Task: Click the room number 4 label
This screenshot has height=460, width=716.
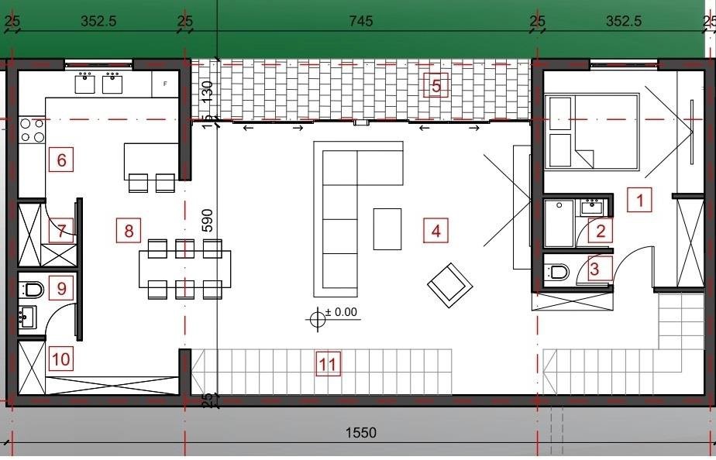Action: pyautogui.click(x=435, y=231)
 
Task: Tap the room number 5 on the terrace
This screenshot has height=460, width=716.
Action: pyautogui.click(x=435, y=85)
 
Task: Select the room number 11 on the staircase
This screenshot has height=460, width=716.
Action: pyautogui.click(x=328, y=364)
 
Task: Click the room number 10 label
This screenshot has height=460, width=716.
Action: pyautogui.click(x=60, y=359)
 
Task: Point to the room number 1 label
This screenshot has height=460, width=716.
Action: pyautogui.click(x=639, y=200)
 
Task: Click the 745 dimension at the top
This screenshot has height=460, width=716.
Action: pyautogui.click(x=361, y=21)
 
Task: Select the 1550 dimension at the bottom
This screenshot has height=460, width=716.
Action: pyautogui.click(x=361, y=432)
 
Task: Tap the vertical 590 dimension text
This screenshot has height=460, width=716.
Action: pyautogui.click(x=208, y=221)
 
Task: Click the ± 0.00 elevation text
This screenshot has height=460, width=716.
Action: pyautogui.click(x=341, y=312)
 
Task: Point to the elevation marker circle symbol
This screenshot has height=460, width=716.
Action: pyautogui.click(x=318, y=318)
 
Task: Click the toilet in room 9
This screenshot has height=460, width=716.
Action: pyautogui.click(x=32, y=290)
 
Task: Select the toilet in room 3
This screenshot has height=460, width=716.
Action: pyautogui.click(x=557, y=272)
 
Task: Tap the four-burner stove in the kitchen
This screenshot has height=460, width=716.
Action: pyautogui.click(x=32, y=130)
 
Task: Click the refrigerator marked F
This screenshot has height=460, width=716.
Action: pyautogui.click(x=165, y=84)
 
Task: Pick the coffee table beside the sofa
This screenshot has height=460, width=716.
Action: pyautogui.click(x=387, y=229)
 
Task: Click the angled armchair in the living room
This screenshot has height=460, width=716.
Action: pyautogui.click(x=449, y=285)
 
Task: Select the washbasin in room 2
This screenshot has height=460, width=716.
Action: pyautogui.click(x=592, y=208)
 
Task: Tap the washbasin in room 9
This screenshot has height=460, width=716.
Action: pyautogui.click(x=27, y=317)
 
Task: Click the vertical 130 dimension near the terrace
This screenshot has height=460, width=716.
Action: pyautogui.click(x=208, y=91)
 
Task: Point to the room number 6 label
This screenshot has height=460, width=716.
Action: pyautogui.click(x=60, y=160)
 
